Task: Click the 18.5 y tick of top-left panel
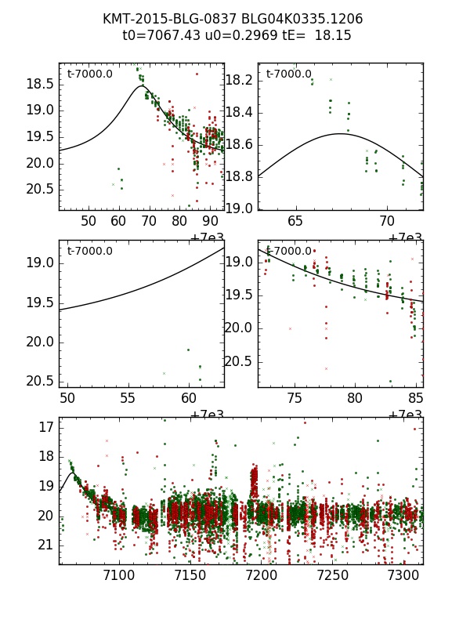pyautogui.click(x=41, y=83)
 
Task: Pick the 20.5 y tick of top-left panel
pyautogui.click(x=41, y=189)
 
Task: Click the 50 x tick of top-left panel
pyautogui.click(x=89, y=222)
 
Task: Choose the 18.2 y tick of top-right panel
pyautogui.click(x=239, y=80)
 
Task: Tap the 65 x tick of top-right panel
pyautogui.click(x=296, y=222)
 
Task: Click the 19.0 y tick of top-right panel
pyautogui.click(x=239, y=208)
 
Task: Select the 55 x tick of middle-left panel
pyautogui.click(x=128, y=398)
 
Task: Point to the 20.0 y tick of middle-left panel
pyautogui.click(x=41, y=342)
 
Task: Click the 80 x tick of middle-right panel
pyautogui.click(x=355, y=398)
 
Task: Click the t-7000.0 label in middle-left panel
pyautogui.click(x=89, y=252)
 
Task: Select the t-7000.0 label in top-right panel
pyautogui.click(x=288, y=74)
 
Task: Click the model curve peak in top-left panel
pyautogui.click(x=142, y=86)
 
